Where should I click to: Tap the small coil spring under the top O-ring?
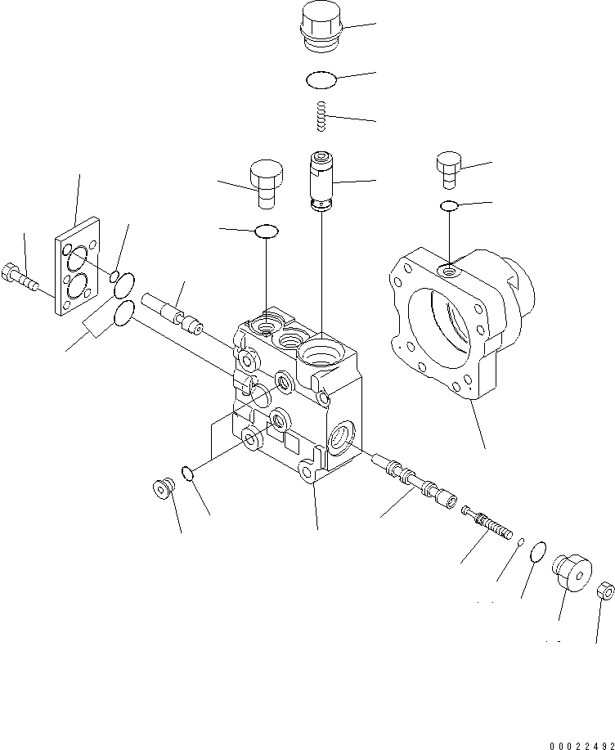coord(322,116)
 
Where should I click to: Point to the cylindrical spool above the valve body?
coord(321,181)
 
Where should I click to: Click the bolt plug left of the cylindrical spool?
coord(267,184)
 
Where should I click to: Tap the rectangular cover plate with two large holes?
coord(77,266)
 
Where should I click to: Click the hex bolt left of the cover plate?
coord(20,277)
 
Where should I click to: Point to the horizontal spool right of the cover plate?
coord(173,313)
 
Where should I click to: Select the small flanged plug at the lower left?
coord(164,488)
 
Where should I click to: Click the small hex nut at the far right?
coord(606,591)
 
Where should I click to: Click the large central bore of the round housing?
coord(439,328)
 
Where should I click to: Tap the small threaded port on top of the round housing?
coord(450,272)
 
